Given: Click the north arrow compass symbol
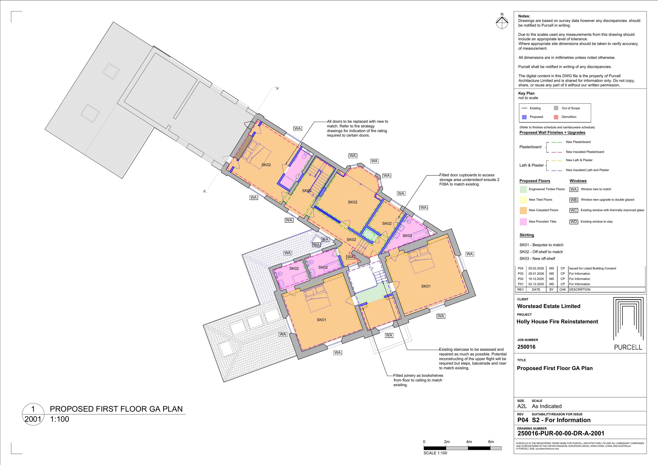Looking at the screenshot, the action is pyautogui.click(x=502, y=22).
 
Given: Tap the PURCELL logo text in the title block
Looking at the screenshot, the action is pyautogui.click(x=628, y=347).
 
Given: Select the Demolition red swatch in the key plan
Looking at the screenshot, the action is pyautogui.click(x=556, y=117).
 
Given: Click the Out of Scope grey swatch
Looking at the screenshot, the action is pyautogui.click(x=556, y=108).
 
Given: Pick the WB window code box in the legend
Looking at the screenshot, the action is pyautogui.click(x=574, y=200).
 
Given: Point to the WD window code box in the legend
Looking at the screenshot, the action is pyautogui.click(x=574, y=222).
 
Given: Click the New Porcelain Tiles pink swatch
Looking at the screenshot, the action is pyautogui.click(x=523, y=222).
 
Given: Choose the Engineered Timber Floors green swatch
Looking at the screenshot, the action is pyautogui.click(x=523, y=189).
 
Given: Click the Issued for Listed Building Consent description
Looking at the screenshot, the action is pyautogui.click(x=592, y=269).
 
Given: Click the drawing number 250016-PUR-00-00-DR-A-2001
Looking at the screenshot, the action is pyautogui.click(x=561, y=433).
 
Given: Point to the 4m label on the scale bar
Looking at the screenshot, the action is pyautogui.click(x=469, y=442).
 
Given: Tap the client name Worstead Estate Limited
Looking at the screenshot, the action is pyautogui.click(x=549, y=306).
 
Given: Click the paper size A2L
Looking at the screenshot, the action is pyautogui.click(x=522, y=406).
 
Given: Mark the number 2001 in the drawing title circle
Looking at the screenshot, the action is pyautogui.click(x=33, y=419).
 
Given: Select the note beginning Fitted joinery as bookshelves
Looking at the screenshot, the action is pyautogui.click(x=418, y=380).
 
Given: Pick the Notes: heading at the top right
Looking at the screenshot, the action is pyautogui.click(x=524, y=16).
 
